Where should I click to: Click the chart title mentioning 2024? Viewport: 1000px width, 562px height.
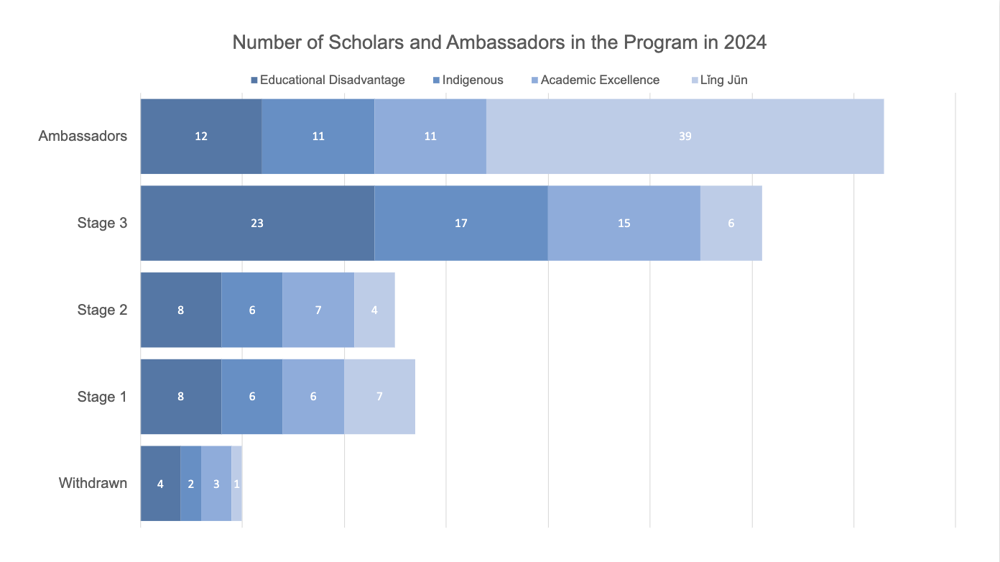click(x=499, y=42)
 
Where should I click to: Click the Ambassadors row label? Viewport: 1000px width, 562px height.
click(x=83, y=136)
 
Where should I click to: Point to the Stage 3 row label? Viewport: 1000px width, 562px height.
click(x=102, y=223)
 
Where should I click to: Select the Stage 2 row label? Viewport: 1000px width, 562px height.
click(x=102, y=310)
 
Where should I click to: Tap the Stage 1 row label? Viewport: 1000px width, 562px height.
click(x=102, y=397)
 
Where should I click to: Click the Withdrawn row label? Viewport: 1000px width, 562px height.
click(x=93, y=483)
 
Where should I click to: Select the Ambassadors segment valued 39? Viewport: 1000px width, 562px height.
click(x=685, y=136)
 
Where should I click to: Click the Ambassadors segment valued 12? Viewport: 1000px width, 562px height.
click(x=201, y=136)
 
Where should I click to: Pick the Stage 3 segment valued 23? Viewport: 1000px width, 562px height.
click(x=257, y=223)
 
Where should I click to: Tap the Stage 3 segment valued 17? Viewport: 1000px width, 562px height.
click(x=461, y=223)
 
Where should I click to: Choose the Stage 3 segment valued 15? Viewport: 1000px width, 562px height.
click(x=624, y=223)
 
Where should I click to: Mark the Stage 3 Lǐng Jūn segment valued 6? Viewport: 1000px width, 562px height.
click(x=731, y=223)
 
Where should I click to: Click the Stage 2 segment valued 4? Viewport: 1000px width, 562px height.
click(x=374, y=310)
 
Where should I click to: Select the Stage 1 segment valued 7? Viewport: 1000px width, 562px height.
click(x=379, y=397)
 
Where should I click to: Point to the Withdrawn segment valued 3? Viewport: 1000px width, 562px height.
click(x=216, y=483)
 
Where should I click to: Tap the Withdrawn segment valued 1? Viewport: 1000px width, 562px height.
click(x=236, y=483)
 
